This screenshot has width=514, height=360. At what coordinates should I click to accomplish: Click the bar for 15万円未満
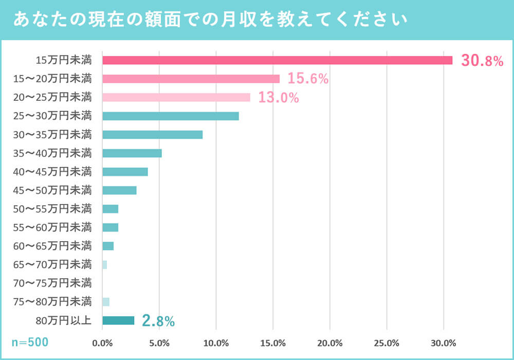pos(277,60)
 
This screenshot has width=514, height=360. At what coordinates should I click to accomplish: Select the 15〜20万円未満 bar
pos(191,79)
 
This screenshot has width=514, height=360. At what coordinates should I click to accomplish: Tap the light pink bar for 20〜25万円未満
pos(176,97)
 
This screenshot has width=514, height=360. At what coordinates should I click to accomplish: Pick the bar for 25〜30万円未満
pos(170,116)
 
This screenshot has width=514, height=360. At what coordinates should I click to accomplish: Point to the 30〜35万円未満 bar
pos(152,135)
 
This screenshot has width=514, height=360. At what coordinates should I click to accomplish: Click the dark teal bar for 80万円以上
pos(118,320)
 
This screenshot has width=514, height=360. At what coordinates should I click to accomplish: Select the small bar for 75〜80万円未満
pos(106,302)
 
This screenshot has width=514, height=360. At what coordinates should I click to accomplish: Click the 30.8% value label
pos(482,61)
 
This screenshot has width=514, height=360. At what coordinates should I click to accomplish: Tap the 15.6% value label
pos(307,79)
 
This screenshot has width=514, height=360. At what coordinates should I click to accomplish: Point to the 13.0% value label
pos(278,98)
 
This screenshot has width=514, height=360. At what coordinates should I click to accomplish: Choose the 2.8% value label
pos(158,321)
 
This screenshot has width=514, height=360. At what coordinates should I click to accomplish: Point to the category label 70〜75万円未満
pos(53,283)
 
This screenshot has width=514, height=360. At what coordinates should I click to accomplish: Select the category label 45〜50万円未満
pos(53,190)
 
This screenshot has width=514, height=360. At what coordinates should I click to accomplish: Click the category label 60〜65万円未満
pos(53,246)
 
